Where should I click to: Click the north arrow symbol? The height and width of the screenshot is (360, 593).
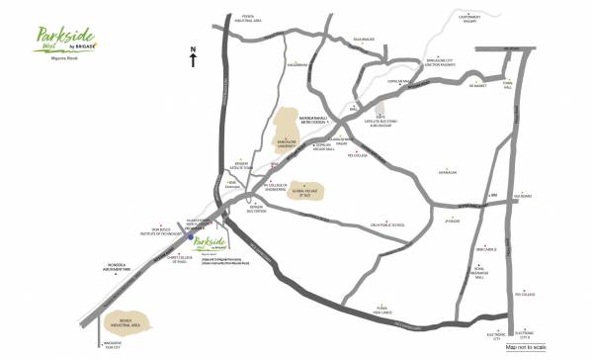pyautogui.click(x=195, y=58)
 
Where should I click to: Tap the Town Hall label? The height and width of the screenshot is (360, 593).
pyautogui.click(x=509, y=84)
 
